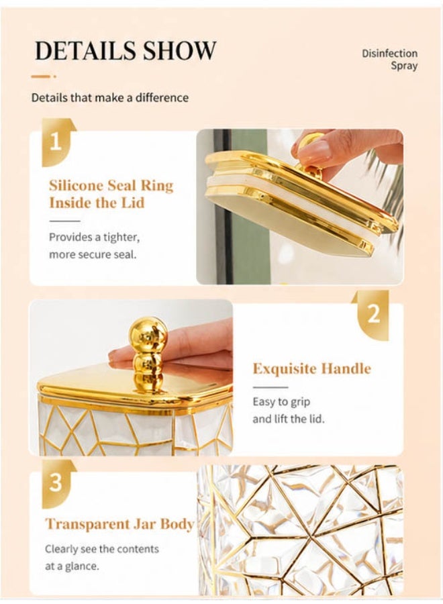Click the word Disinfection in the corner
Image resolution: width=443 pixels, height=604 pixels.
[x=389, y=53]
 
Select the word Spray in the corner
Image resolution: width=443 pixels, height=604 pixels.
[x=404, y=66]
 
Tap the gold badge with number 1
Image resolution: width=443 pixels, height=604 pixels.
[x=58, y=142]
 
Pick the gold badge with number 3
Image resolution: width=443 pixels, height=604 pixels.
[x=58, y=483]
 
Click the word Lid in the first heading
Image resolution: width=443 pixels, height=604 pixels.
[x=133, y=203]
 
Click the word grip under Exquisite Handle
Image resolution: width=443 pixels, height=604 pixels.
[x=299, y=402]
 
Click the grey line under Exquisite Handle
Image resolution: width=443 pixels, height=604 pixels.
[x=270, y=387]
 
